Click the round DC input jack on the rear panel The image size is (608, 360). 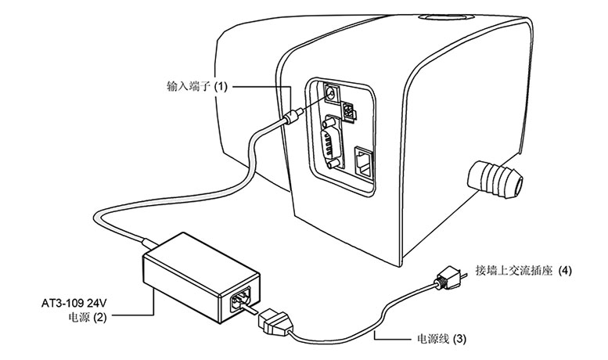click(x=331, y=93)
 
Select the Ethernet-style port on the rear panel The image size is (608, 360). click(x=363, y=161)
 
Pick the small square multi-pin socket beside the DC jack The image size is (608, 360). click(x=349, y=113)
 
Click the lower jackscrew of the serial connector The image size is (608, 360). click(x=333, y=164)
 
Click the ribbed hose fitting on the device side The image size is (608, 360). click(x=495, y=179)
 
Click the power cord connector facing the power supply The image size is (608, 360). click(x=273, y=321)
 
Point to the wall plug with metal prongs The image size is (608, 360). click(x=449, y=277)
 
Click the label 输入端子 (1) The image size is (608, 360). click(x=197, y=86)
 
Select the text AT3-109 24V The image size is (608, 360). click(x=74, y=302)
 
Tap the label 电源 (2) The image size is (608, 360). click(x=87, y=317)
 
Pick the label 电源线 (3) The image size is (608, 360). click(x=441, y=339)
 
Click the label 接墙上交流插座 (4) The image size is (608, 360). click(x=523, y=270)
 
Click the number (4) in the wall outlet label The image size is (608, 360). click(x=565, y=270)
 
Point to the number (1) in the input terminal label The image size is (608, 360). click(x=221, y=86)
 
